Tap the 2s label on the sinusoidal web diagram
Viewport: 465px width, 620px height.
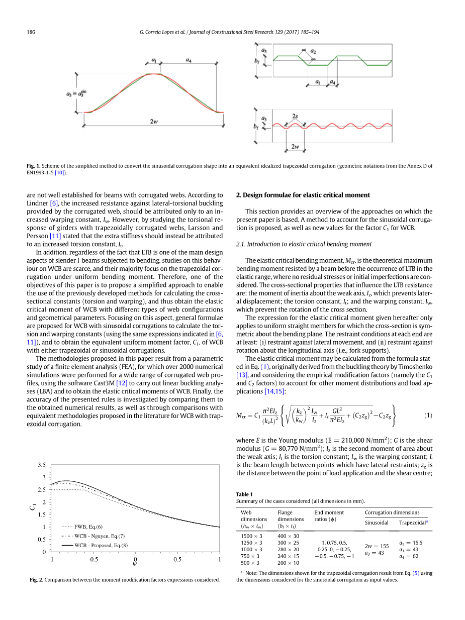295,117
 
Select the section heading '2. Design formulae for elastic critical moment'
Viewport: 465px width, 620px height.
303,195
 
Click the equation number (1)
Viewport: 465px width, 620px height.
428,415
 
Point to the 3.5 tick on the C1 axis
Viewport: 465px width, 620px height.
41,465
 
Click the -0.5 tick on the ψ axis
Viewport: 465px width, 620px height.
93,560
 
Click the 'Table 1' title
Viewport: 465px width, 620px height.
244,494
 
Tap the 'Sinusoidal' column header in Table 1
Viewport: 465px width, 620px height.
377,523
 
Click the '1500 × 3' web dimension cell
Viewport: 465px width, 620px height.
251,536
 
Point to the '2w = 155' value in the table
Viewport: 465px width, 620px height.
377,546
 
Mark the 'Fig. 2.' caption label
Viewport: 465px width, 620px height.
36,580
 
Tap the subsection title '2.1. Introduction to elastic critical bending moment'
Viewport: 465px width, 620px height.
304,244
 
